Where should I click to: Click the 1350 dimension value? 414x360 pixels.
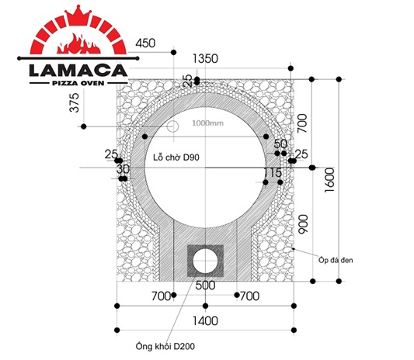tap(205, 58)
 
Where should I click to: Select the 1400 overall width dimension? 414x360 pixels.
tap(205, 321)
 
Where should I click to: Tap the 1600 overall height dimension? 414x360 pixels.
tap(329, 180)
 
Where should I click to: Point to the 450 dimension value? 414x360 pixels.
tap(145, 43)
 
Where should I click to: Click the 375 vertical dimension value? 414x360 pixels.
tap(75, 102)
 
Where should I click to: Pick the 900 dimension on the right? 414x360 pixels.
tap(303, 224)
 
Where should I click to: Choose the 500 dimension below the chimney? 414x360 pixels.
tap(205, 286)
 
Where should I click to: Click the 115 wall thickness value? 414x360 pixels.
tap(273, 173)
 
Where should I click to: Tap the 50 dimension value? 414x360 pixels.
tap(280, 144)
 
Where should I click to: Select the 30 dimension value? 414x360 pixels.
tap(123, 169)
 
